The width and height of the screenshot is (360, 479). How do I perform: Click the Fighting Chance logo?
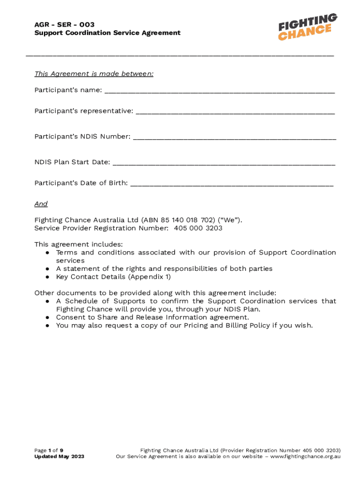pos(308,27)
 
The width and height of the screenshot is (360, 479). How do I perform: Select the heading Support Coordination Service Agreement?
pos(107,33)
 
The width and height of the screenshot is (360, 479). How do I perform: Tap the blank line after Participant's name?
pos(219,91)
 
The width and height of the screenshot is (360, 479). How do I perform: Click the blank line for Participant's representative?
pos(235,112)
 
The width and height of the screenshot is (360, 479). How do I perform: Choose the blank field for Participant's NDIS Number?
pos(234,138)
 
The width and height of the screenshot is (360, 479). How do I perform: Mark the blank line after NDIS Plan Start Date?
pos(224,163)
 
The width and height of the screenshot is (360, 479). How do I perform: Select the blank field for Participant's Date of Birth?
pos(232,184)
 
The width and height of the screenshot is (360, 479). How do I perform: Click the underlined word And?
pos(41,204)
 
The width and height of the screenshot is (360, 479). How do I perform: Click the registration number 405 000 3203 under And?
pos(198,228)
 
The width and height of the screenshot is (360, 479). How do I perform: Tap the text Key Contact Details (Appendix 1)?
pos(113,276)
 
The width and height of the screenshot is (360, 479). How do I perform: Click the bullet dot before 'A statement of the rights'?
pos(48,269)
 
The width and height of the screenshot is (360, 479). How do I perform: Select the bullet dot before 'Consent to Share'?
pos(48,318)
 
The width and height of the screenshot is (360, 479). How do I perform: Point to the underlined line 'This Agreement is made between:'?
pos(94,74)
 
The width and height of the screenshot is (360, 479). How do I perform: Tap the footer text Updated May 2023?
pos(59,457)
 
